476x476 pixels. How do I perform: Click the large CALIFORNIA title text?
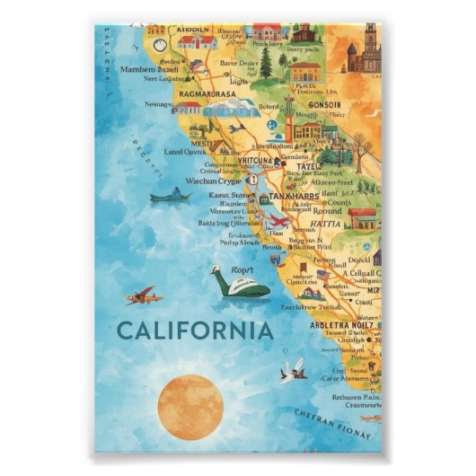point(195,330)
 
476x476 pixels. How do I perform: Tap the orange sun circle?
point(189,406)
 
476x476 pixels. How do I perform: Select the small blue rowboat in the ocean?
point(170,195)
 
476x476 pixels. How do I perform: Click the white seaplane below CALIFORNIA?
point(293,370)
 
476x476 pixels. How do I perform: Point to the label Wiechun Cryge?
point(214,181)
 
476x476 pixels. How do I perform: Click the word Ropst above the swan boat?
point(240,269)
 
